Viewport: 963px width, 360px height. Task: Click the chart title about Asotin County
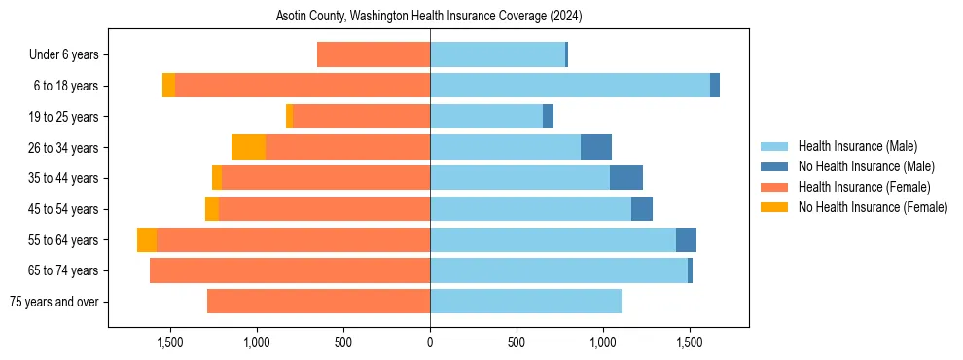429,16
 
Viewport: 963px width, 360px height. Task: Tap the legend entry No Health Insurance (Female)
873,207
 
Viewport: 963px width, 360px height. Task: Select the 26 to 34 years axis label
63,148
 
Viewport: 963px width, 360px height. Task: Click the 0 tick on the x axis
430,343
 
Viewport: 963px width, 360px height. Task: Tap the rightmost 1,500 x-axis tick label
690,343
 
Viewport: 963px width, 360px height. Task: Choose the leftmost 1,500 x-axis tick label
170,343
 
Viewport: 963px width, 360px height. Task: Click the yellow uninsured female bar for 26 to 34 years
248,147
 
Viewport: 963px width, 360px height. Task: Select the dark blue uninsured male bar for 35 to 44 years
626,178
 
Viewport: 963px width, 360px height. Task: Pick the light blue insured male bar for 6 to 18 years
569,86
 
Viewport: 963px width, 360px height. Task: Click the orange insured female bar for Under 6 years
374,55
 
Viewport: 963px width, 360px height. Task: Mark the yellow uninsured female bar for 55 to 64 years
147,239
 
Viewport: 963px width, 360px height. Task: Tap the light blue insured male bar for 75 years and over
525,302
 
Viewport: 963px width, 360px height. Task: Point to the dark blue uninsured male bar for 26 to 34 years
596,147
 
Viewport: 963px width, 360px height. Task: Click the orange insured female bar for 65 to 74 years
290,270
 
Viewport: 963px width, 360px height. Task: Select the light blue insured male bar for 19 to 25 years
486,117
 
